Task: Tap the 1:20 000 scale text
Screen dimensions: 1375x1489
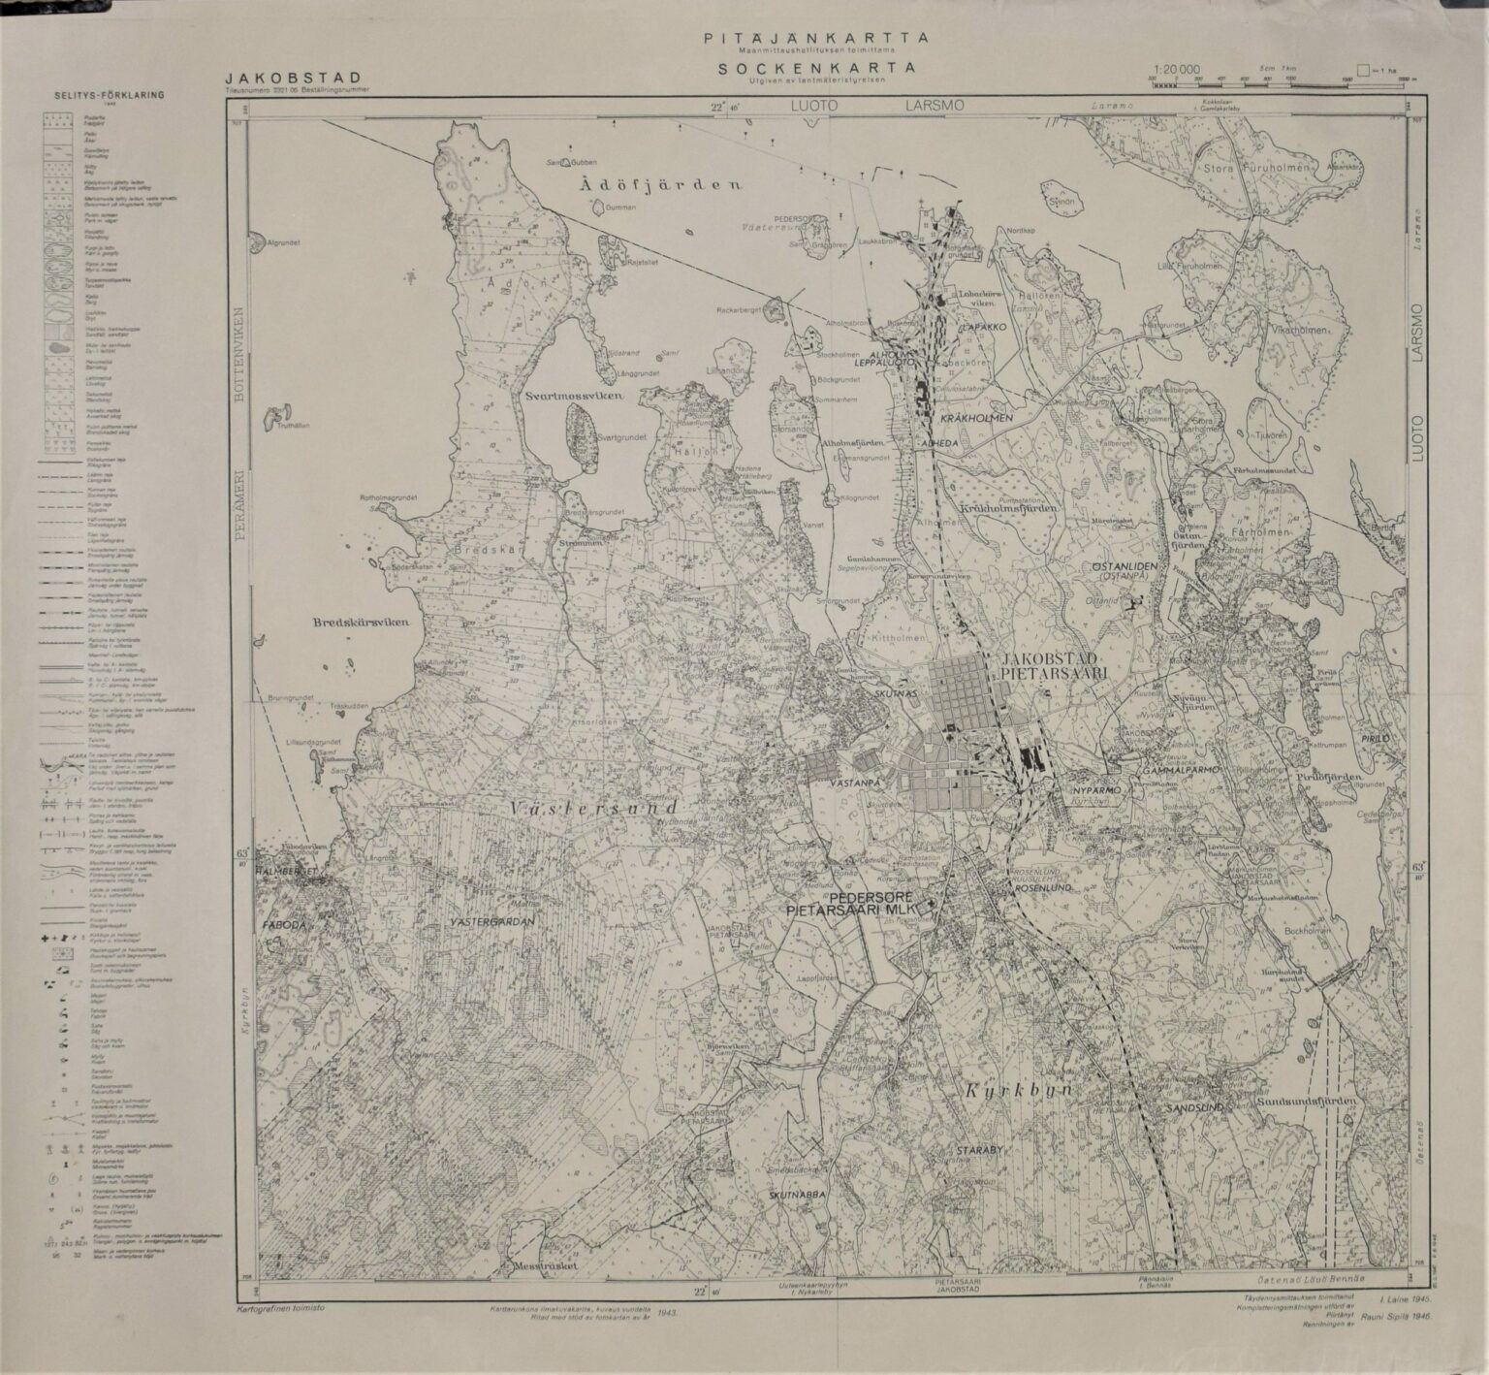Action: pyautogui.click(x=1177, y=70)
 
